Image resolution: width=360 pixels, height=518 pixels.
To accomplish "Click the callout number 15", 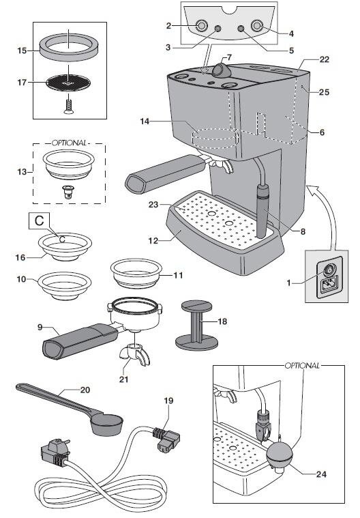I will [x=21, y=50].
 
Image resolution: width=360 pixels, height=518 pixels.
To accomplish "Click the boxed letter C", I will [x=37, y=222].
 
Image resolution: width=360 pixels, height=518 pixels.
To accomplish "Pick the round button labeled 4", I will [x=257, y=26].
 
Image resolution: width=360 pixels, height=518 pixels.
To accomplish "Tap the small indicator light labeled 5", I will [x=240, y=29].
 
